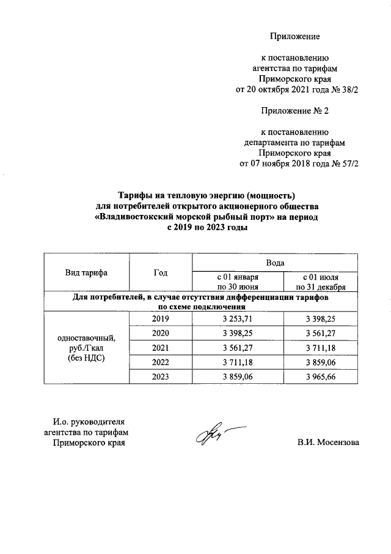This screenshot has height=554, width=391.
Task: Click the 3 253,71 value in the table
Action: (238, 319)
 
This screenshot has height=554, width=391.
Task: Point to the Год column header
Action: (161, 272)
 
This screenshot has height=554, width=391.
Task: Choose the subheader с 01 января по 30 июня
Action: (238, 281)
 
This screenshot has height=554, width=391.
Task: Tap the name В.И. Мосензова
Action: (329, 442)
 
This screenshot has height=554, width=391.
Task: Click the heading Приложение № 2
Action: (294, 111)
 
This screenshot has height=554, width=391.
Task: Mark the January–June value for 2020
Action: (238, 334)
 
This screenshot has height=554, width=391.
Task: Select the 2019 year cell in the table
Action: (161, 319)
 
